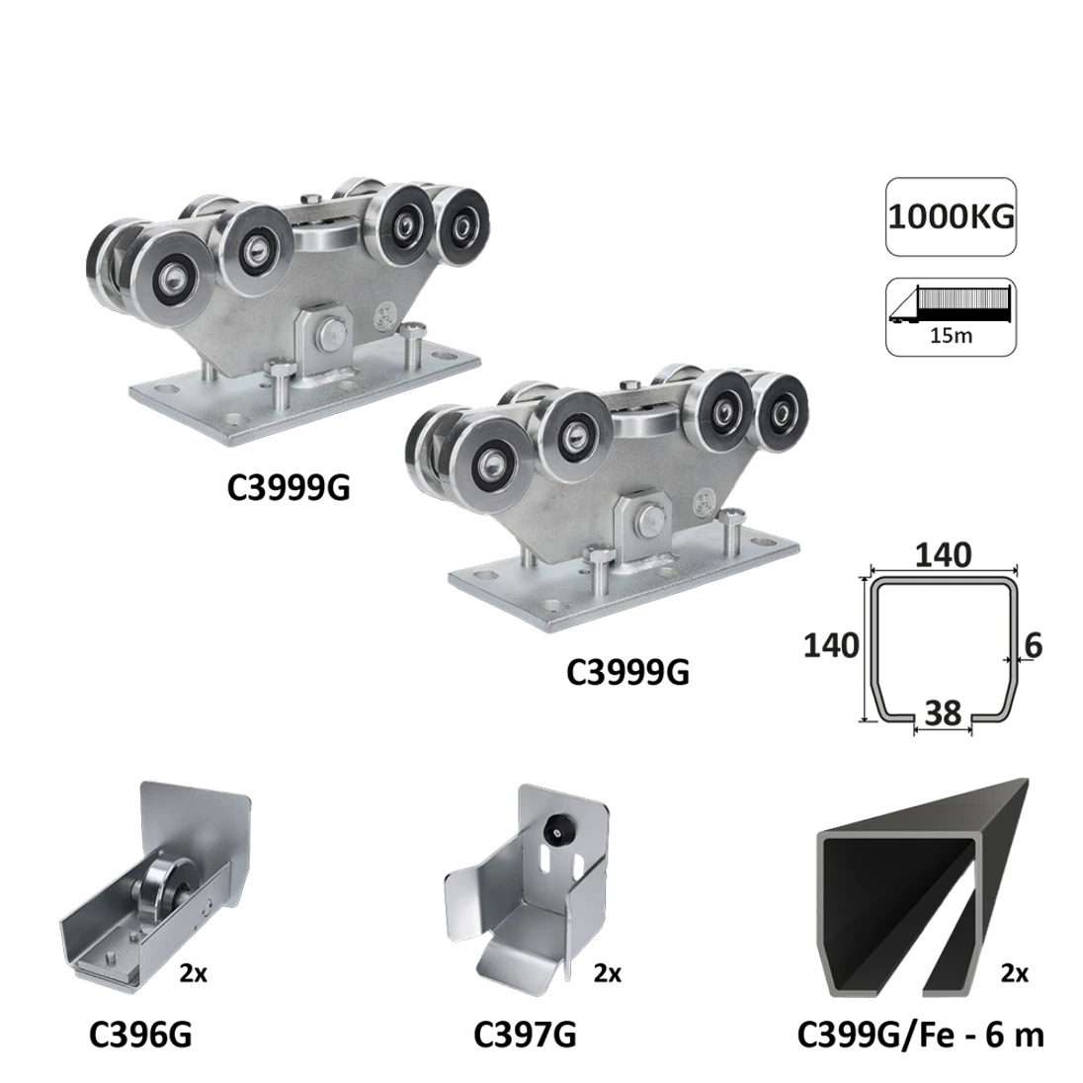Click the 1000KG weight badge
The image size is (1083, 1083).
(x=951, y=216)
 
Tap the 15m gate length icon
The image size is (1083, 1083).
(x=951, y=317)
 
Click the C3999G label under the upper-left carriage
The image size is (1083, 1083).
(x=289, y=487)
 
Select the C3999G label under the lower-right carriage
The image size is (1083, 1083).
(x=627, y=671)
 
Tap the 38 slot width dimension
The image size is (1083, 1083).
(x=943, y=712)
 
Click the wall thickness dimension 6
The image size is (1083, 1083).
(x=1034, y=646)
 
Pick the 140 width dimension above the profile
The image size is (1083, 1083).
(x=944, y=554)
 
